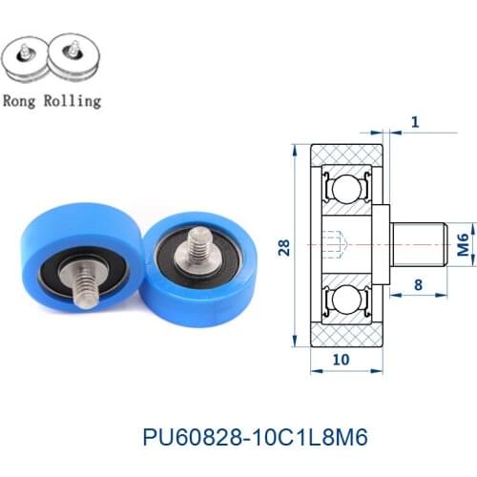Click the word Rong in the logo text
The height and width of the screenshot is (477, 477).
coord(21,100)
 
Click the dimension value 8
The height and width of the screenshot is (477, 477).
coord(418,284)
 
